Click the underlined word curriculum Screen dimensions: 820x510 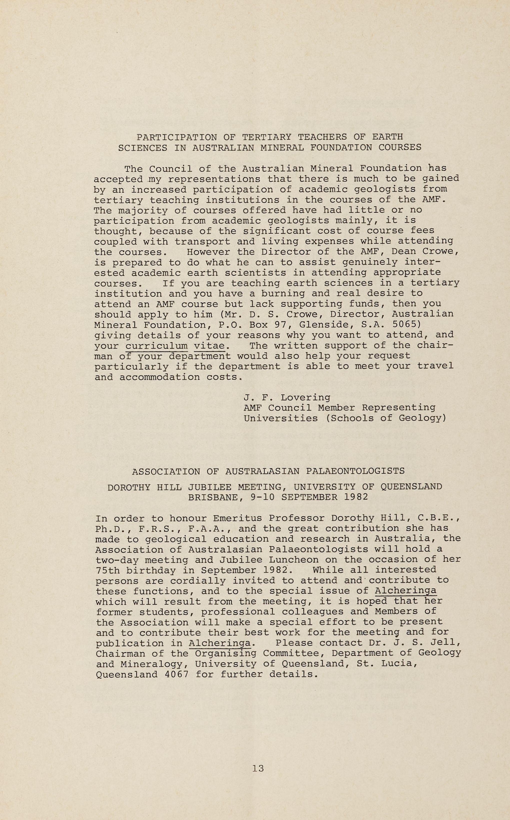pos(157,346)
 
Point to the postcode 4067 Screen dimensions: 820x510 pos(176,675)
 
